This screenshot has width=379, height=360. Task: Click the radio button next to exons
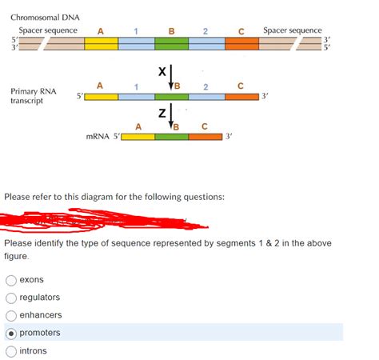point(10,280)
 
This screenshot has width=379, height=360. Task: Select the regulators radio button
point(10,298)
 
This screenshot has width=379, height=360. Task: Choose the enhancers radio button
point(10,315)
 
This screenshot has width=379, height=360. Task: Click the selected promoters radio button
point(10,333)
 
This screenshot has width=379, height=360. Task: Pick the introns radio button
point(10,350)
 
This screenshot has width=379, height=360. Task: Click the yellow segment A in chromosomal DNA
point(101,43)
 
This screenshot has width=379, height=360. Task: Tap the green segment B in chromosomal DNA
point(172,43)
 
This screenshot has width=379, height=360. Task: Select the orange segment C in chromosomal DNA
point(242,43)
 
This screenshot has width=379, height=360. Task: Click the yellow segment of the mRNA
point(138,138)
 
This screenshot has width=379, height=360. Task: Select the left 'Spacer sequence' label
point(48,30)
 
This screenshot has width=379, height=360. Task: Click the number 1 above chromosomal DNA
point(137,31)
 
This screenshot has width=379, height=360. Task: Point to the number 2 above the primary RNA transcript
point(206,86)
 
